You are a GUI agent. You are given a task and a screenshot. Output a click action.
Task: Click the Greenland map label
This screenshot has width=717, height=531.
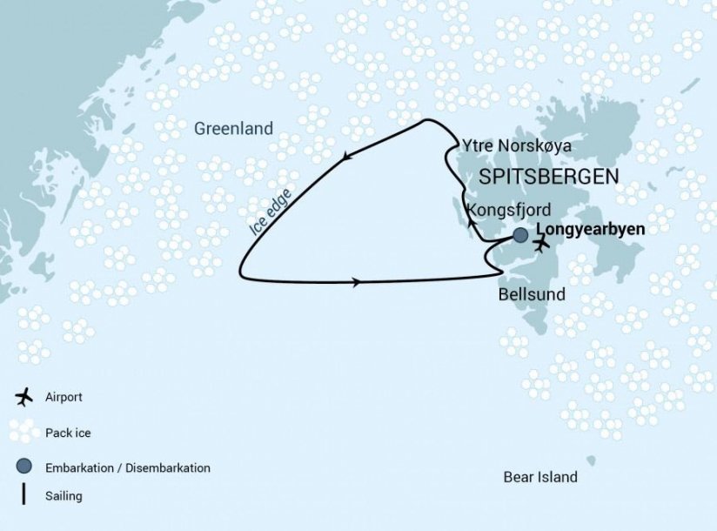pos(233,128)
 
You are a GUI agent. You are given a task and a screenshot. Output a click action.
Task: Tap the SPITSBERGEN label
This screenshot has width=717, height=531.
pos(549,177)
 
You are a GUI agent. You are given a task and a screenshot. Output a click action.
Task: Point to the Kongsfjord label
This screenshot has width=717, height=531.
pos(508,210)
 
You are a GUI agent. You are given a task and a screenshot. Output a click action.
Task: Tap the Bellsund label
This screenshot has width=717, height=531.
pos(531,294)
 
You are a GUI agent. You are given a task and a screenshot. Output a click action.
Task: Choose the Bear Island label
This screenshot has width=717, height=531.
pos(539,477)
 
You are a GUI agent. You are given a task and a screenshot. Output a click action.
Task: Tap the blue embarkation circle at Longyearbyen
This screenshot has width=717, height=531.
pos(520,235)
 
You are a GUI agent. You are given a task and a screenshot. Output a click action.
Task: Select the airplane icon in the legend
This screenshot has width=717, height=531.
pos(24,397)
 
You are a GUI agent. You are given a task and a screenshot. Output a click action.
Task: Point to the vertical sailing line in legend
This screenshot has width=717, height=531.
pos(24,495)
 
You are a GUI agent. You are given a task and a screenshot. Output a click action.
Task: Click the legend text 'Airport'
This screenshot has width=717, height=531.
pos(64,397)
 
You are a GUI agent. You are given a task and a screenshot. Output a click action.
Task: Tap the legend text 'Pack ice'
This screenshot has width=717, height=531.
pos(67,433)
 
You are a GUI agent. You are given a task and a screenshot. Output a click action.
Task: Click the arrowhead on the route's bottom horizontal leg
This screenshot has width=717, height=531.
pos(357,282)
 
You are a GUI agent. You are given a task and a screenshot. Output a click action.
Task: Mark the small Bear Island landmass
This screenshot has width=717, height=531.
pos(591,460)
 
